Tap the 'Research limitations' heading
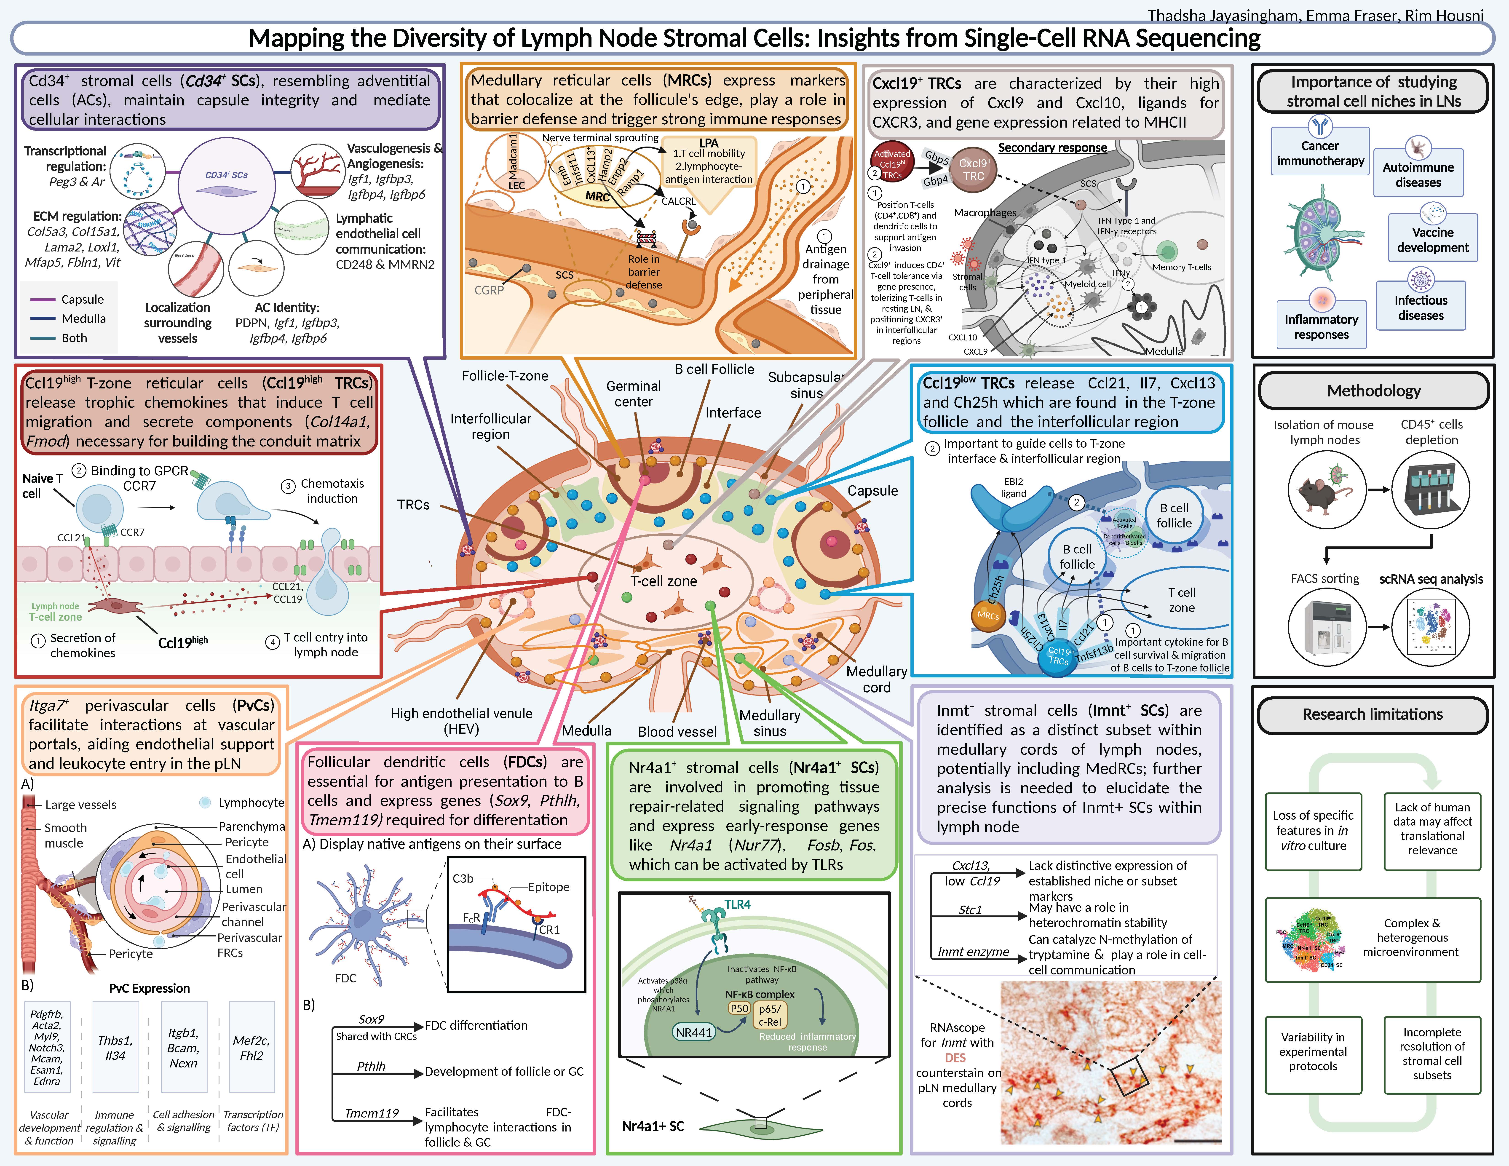[1372, 714]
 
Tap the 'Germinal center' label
[634, 394]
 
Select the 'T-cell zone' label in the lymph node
[663, 582]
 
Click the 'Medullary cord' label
[876, 679]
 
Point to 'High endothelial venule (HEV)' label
[462, 720]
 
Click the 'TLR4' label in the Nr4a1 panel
[737, 904]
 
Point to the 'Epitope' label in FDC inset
[548, 887]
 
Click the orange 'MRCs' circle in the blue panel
[988, 615]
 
